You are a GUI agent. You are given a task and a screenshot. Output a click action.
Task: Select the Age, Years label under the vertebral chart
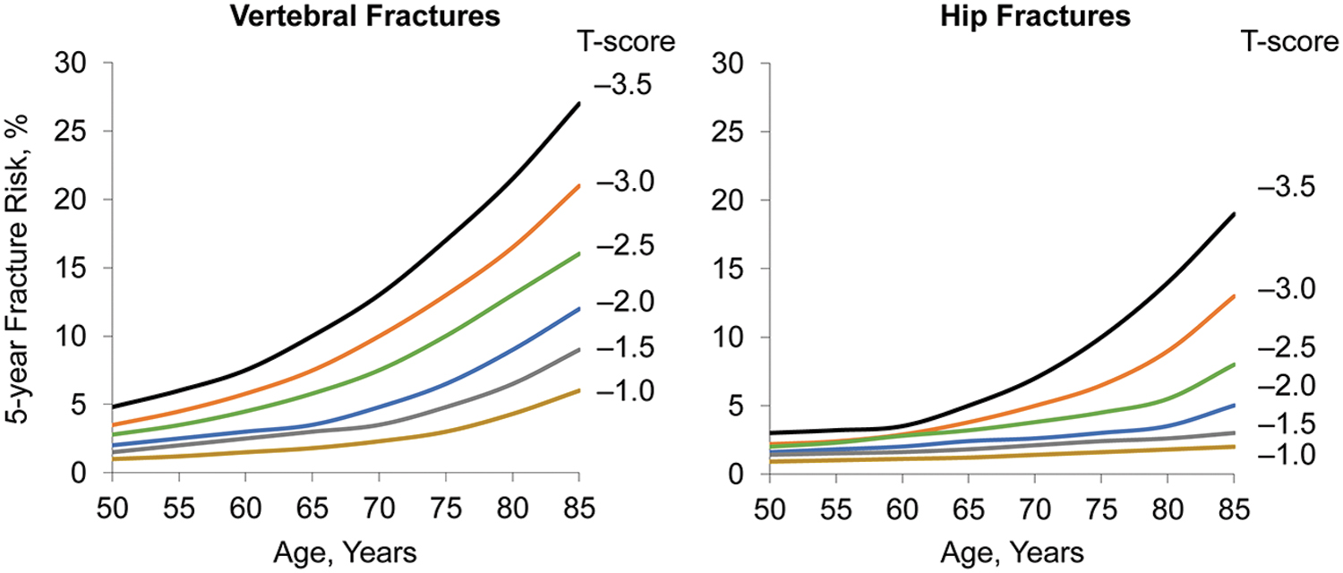click(x=345, y=552)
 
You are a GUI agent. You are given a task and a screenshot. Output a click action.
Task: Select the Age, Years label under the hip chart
click(x=1012, y=552)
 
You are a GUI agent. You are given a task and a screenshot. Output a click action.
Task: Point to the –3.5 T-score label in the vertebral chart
click(x=623, y=86)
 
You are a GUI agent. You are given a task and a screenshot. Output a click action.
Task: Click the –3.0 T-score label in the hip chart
click(x=1286, y=289)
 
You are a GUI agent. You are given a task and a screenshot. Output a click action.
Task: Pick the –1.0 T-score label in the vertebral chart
click(x=624, y=391)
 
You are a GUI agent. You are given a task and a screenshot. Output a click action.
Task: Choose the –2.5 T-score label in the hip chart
click(x=1286, y=347)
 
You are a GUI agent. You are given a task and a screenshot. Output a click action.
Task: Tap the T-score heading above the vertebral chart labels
click(x=625, y=41)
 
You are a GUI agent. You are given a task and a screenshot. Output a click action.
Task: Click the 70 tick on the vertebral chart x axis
click(x=379, y=509)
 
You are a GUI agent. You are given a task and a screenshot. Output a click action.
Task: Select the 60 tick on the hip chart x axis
click(x=902, y=509)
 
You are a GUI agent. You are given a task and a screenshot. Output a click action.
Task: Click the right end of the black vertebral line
click(x=578, y=104)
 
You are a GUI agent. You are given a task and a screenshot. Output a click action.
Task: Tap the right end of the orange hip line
click(x=1234, y=295)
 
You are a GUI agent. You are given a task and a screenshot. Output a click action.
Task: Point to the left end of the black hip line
click(x=770, y=432)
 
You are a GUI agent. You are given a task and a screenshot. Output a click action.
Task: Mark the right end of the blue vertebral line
click(x=578, y=309)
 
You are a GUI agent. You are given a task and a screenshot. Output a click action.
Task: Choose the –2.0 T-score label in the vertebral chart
click(x=624, y=302)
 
